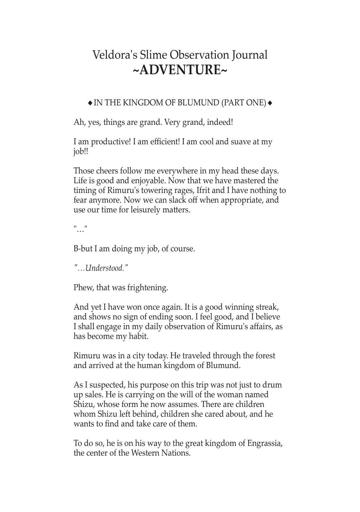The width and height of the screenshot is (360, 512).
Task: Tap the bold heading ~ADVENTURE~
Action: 180,70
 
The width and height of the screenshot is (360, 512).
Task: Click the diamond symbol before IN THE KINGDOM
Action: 90,103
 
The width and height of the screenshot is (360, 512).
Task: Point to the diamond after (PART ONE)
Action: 270,103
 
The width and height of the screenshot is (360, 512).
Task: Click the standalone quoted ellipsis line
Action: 80,229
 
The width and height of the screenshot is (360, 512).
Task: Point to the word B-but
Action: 83,249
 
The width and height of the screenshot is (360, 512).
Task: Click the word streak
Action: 267,307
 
